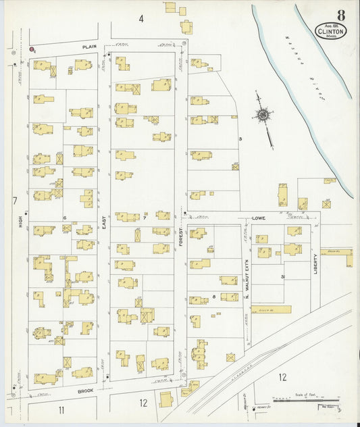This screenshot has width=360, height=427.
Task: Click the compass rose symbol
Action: point(263,116)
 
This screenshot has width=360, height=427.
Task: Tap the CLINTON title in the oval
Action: point(331,31)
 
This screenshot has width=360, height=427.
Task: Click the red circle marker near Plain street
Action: point(32,49)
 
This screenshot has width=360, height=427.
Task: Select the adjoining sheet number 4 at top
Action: point(141,18)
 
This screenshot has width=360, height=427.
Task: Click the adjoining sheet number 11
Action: point(61,409)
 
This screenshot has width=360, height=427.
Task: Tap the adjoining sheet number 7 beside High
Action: point(14,201)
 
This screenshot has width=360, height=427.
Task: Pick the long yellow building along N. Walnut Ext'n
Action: point(271,309)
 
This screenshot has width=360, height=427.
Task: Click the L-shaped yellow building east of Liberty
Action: point(336,257)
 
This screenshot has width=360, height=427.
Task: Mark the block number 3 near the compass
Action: point(240,139)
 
